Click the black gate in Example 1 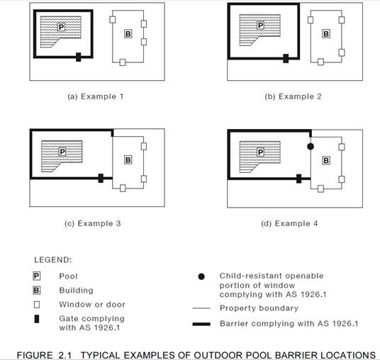coord(78,57)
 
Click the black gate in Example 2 coord(286,58)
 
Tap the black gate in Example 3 coord(101,179)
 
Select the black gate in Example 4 coord(299,179)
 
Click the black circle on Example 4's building coord(311,146)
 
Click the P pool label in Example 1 coord(61,27)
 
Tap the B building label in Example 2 coord(326,34)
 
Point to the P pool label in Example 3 coord(62,152)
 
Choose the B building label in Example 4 coord(326,160)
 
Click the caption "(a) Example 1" coord(96,96)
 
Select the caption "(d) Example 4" coord(289,223)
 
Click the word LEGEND coord(53,260)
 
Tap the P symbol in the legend coord(37,276)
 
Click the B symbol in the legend coord(37,291)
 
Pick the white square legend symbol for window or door coord(37,305)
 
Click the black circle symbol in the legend coord(201,276)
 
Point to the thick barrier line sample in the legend coord(201,324)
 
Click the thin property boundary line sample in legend coord(201,308)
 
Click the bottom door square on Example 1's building coord(123,62)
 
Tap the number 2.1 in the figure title coord(65,356)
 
